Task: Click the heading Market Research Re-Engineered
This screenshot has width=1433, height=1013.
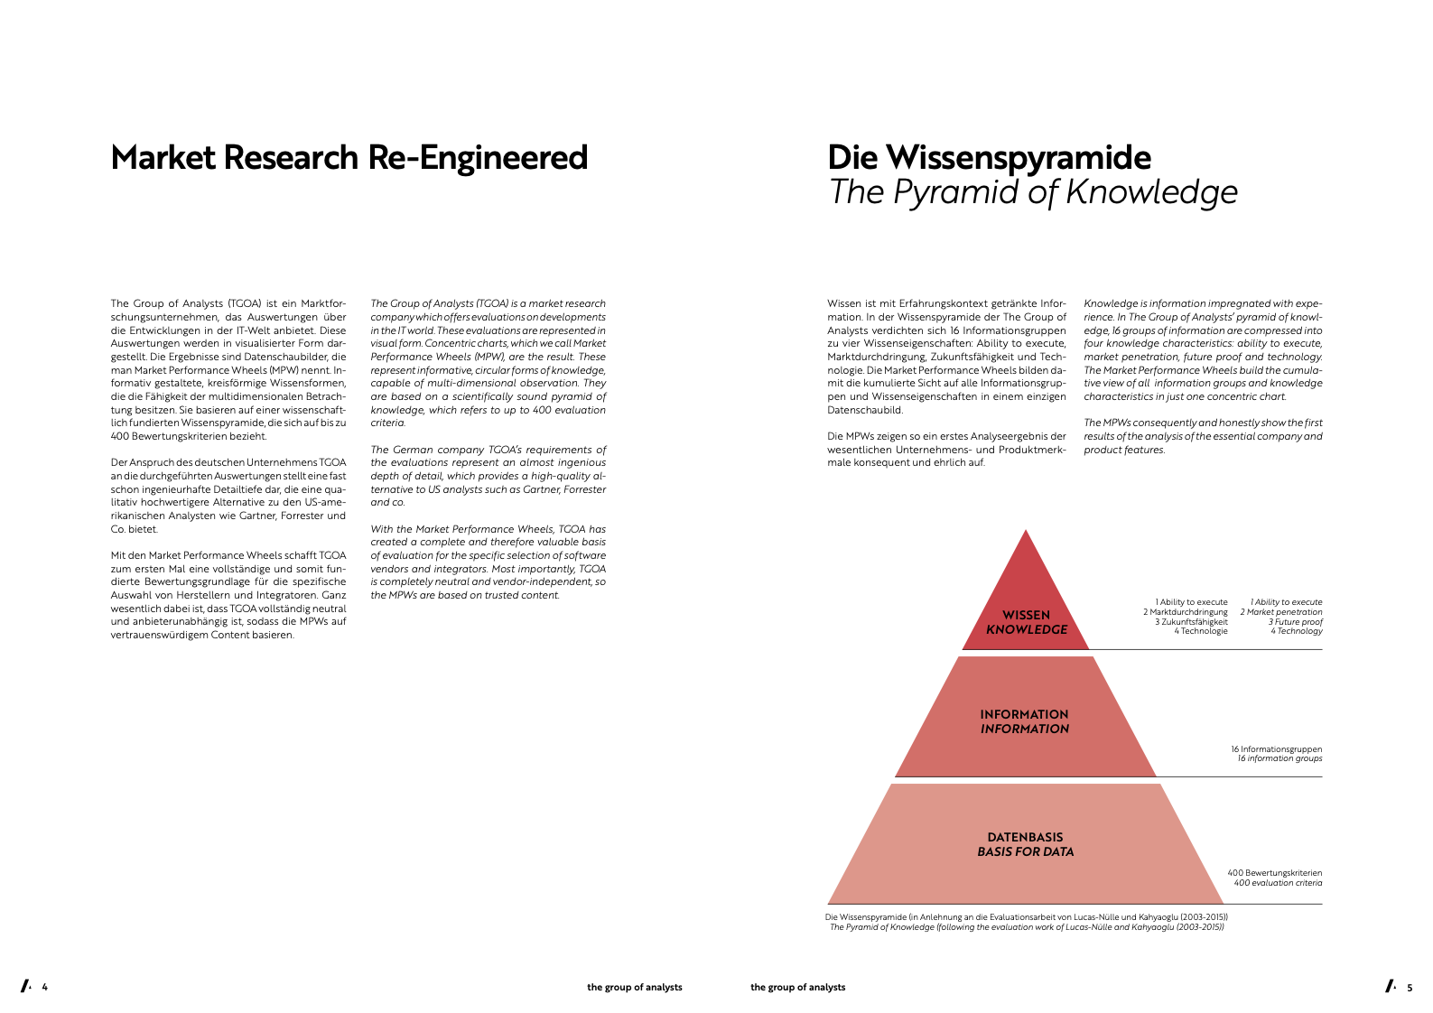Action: [349, 158]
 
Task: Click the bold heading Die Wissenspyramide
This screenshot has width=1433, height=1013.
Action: [989, 158]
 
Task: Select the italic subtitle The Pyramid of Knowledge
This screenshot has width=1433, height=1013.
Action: [1032, 192]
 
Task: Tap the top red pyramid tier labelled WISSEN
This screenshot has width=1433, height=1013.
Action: [1026, 601]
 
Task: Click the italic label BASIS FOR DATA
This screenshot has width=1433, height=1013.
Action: [1026, 852]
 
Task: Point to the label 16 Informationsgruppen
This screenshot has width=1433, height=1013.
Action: [1276, 748]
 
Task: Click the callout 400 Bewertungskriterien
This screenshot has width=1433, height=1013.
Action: [1274, 873]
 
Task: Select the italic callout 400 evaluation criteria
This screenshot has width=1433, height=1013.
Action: [1278, 883]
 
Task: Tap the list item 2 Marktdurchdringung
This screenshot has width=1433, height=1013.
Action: [1186, 612]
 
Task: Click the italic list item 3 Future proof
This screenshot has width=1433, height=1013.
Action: [1296, 621]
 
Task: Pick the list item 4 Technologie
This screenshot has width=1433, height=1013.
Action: [1201, 631]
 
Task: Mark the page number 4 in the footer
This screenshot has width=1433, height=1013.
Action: [45, 988]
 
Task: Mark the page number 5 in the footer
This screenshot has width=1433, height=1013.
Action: [1410, 988]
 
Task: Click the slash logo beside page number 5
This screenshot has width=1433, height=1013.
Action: [1391, 986]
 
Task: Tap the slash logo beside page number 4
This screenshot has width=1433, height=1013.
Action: [26, 986]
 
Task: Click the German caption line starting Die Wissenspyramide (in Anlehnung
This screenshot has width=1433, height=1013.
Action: [1026, 917]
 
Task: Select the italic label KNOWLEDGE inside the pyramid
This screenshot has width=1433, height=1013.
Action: [1026, 630]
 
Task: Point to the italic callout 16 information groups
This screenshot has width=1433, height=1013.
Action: [1279, 759]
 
